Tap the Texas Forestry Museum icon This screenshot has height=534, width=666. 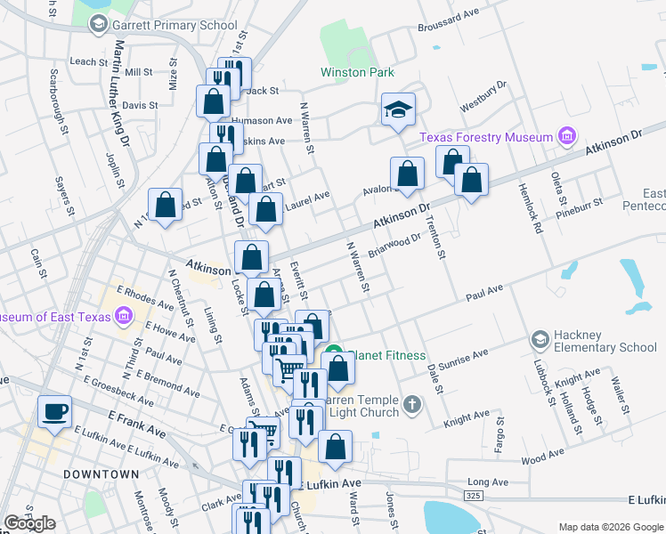click(565, 137)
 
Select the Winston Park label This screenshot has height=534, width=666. click(357, 72)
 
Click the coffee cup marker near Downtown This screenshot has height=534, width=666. click(55, 411)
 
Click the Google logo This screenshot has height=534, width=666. click(29, 523)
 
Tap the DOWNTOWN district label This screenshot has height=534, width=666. click(102, 474)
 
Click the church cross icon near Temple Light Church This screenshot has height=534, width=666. click(411, 405)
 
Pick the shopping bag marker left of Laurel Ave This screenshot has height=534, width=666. click(266, 211)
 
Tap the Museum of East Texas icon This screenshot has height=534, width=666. click(123, 317)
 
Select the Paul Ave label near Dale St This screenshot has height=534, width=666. click(484, 288)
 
